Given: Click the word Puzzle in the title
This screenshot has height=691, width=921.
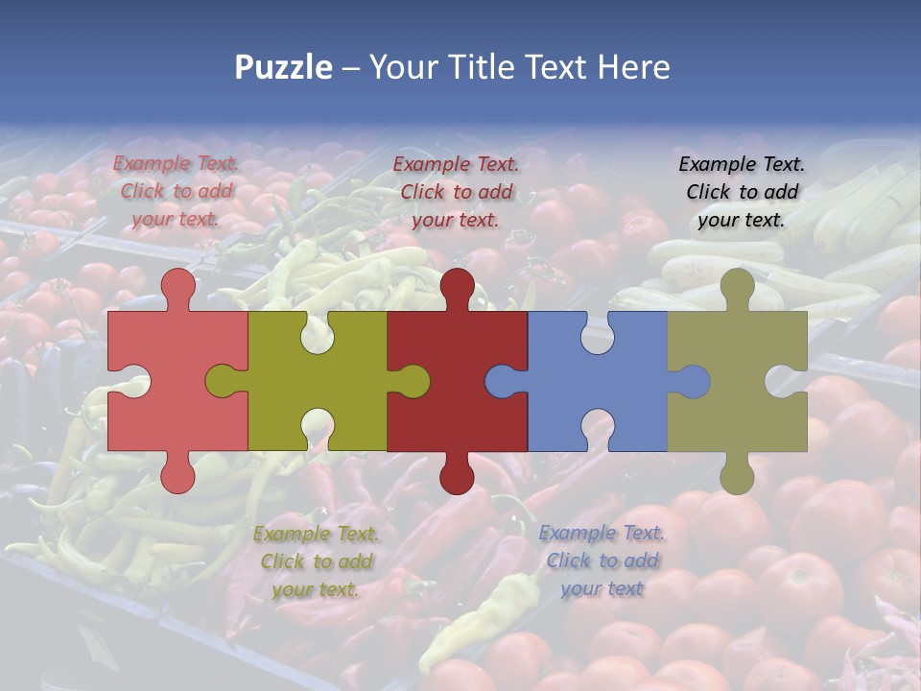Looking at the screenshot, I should pos(284,68).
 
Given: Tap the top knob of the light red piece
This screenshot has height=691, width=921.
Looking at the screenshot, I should pos(177,287).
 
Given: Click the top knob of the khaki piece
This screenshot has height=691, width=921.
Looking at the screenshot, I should pos(737,287).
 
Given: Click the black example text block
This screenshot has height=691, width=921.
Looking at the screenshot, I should pos(742,192).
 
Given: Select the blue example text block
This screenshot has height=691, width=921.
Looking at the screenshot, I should pos(602,560).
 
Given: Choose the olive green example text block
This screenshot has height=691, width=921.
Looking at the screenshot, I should pos(316,561).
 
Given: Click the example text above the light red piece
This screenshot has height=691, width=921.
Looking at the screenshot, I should pos(176,191).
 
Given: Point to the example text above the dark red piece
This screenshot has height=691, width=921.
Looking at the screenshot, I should pos(456,192).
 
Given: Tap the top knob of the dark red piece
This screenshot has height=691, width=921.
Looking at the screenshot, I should pos(457,287).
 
